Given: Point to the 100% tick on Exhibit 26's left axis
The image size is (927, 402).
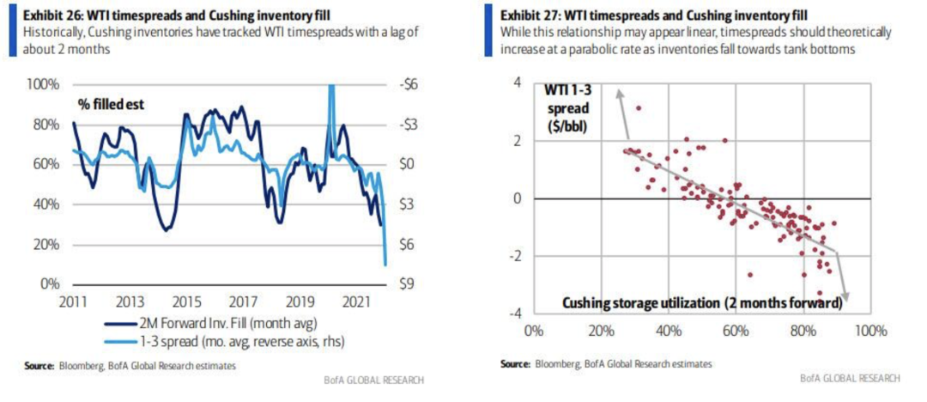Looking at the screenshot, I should coord(43,84).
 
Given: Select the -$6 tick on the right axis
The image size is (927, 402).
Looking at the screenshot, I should coord(410,84).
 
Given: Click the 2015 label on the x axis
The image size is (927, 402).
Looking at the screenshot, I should coord(185,302).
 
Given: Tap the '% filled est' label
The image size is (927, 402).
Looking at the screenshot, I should coord(112,105).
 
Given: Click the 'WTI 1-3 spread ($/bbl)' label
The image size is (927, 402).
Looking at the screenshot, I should coord(570,107).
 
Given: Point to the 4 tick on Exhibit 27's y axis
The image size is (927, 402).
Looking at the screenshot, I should coord(516,82).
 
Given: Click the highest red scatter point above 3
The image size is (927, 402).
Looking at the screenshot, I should coord(638,107).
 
